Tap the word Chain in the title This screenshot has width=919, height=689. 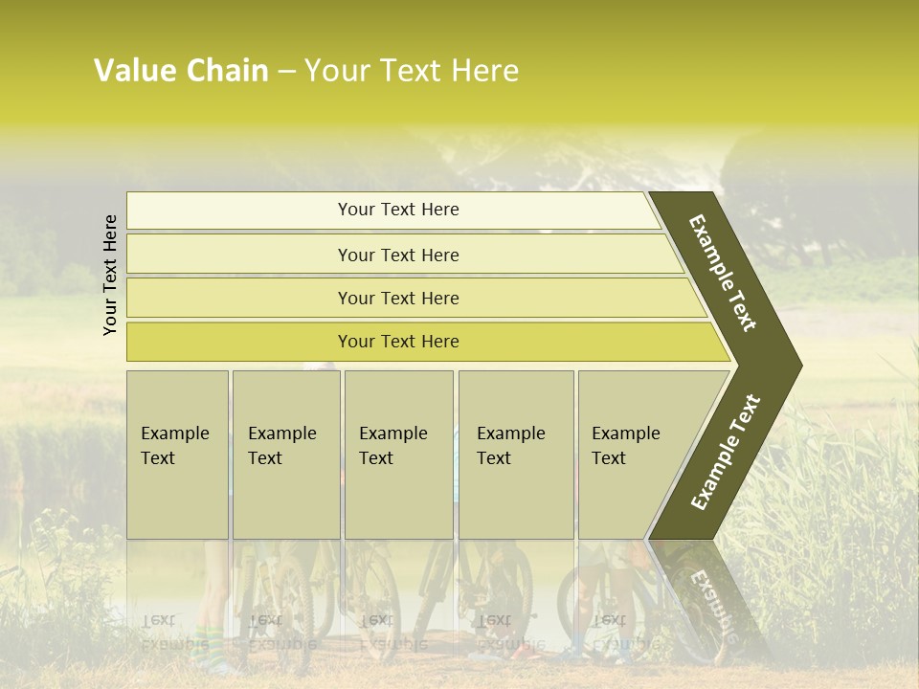[227, 71]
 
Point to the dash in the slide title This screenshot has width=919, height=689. [286, 72]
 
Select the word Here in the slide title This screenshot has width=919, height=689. [484, 71]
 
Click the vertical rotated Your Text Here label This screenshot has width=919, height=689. [110, 275]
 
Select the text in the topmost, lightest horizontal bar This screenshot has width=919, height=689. [398, 210]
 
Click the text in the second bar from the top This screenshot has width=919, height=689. [398, 256]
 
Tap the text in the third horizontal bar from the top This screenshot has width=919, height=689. [398, 299]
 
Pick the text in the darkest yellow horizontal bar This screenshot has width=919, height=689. [398, 342]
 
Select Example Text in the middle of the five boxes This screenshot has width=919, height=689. [392, 446]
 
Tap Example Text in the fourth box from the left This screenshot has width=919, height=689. [510, 446]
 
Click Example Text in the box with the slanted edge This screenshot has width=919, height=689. [625, 446]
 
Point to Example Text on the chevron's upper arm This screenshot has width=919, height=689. [723, 274]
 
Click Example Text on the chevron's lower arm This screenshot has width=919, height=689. [726, 453]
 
